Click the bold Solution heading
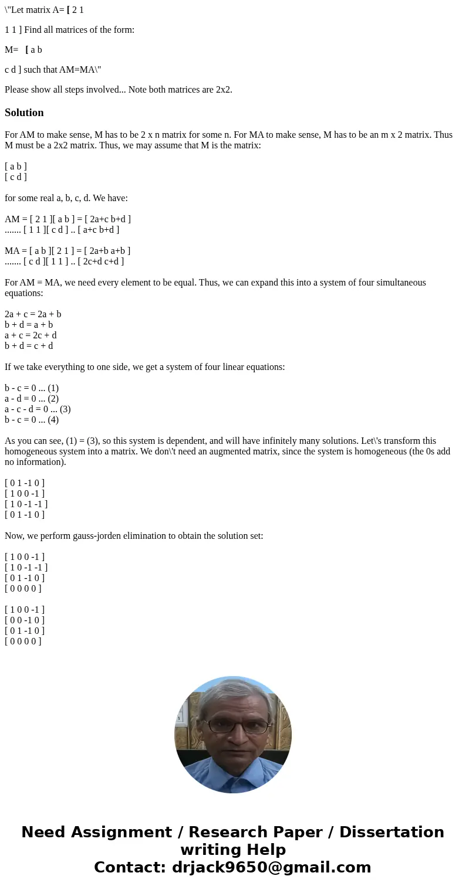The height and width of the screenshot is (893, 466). point(24,113)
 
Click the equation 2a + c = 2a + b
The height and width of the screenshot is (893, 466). point(33,314)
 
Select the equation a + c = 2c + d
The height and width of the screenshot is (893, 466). point(31,335)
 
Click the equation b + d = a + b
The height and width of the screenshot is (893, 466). point(29,325)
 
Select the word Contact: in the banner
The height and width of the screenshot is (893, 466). point(130,867)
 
